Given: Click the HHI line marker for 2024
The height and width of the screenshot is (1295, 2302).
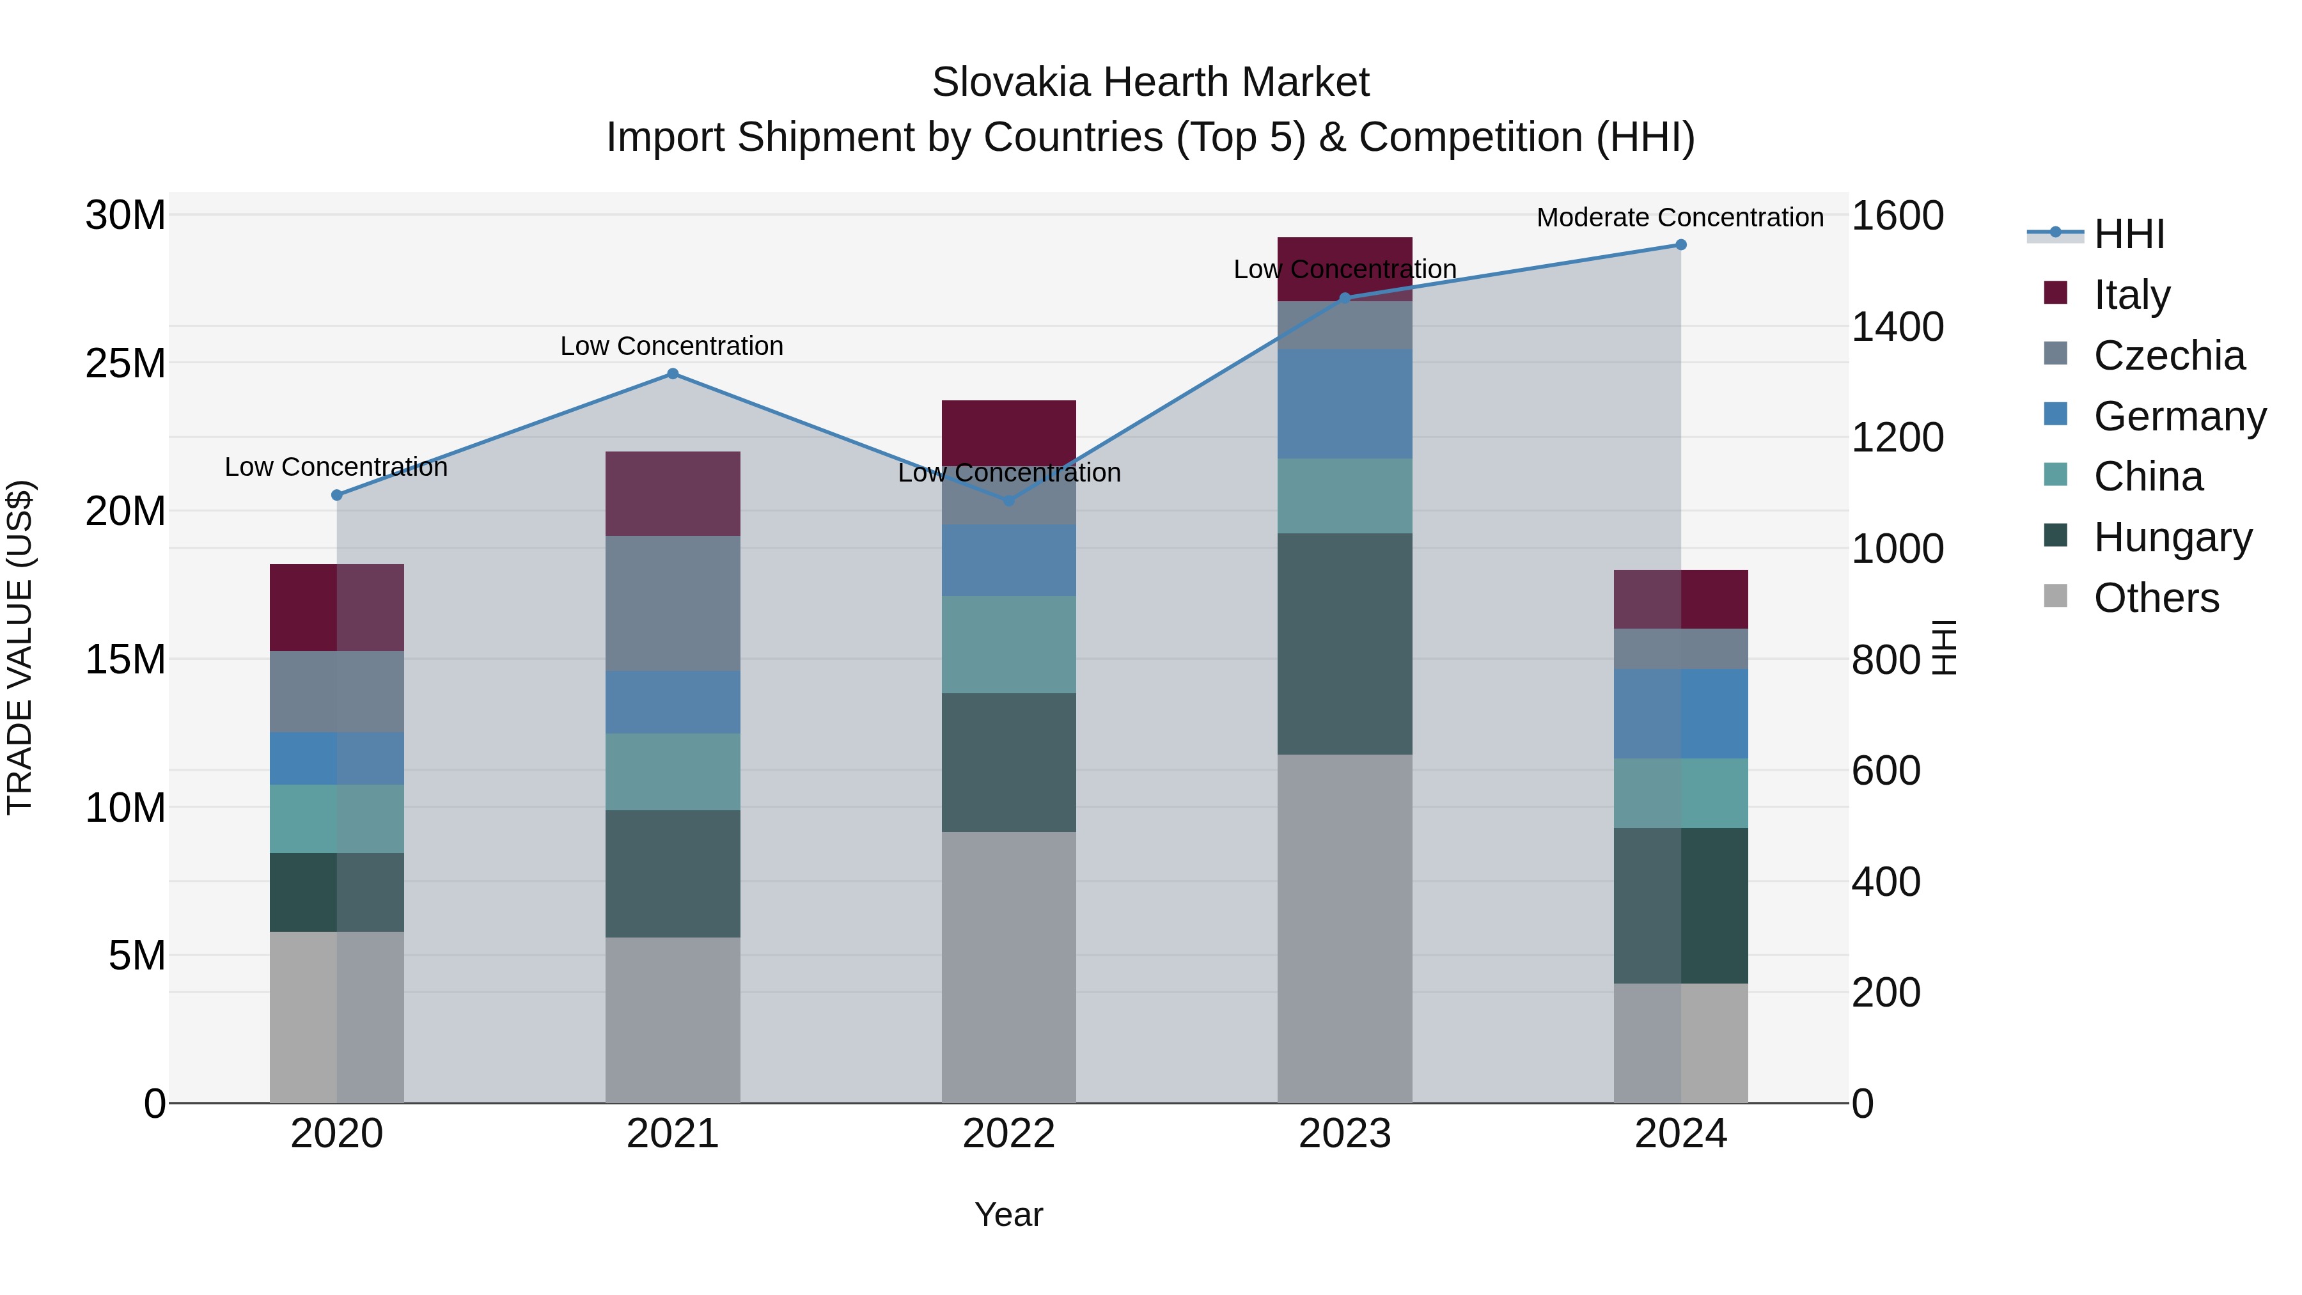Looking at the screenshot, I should click(x=1680, y=245).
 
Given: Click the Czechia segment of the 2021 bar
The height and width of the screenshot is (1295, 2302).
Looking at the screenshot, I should click(x=673, y=603).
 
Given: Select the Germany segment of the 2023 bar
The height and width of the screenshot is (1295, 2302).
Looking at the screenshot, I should click(x=1344, y=404).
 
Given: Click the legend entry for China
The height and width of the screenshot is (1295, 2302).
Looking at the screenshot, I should click(x=2147, y=476).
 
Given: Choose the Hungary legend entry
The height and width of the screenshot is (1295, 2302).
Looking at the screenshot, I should click(x=2172, y=537).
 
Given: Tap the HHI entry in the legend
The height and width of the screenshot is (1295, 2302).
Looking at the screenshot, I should click(x=2127, y=234).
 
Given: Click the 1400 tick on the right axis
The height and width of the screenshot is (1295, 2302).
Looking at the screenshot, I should click(x=1897, y=327).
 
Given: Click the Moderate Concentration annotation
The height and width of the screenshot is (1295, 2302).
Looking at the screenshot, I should click(x=1679, y=217).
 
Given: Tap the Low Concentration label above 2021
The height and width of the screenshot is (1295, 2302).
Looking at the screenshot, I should click(x=671, y=346).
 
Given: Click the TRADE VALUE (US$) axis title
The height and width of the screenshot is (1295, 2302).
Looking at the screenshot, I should click(x=20, y=647).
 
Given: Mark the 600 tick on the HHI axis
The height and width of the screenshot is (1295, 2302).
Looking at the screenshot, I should click(x=1886, y=771).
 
